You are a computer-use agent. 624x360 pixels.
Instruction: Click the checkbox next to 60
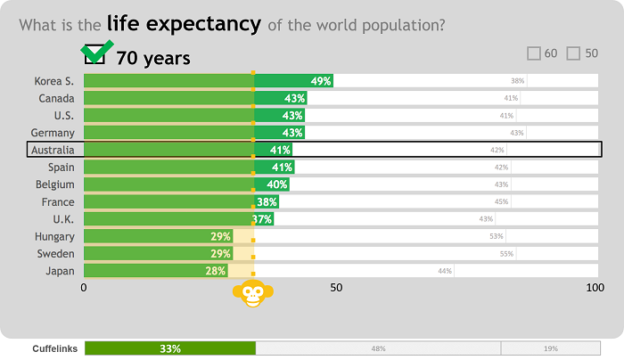click(534, 53)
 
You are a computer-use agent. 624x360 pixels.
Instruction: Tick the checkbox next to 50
click(573, 53)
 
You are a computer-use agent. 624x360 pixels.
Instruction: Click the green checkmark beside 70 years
click(96, 53)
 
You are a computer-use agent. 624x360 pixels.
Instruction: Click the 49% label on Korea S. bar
click(321, 81)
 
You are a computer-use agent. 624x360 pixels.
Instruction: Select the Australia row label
click(53, 150)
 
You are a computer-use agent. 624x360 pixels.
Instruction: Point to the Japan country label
click(59, 271)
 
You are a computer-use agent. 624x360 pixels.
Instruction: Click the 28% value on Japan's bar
click(216, 271)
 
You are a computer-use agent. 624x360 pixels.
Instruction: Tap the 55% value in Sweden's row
click(506, 254)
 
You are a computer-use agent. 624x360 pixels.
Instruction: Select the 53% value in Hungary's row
click(496, 236)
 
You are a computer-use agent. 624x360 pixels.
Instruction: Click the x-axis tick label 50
click(336, 288)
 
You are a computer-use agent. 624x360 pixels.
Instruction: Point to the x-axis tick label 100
click(595, 288)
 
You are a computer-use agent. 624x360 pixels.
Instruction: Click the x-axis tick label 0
click(84, 288)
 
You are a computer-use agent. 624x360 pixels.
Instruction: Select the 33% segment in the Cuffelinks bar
click(170, 348)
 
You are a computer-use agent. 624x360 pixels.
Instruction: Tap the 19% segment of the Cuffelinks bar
click(550, 348)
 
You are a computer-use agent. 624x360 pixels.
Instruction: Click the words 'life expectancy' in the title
click(184, 24)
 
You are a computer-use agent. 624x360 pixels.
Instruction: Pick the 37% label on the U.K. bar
click(262, 219)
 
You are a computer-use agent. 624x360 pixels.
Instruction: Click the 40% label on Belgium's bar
click(277, 184)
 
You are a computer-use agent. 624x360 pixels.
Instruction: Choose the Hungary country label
click(54, 236)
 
